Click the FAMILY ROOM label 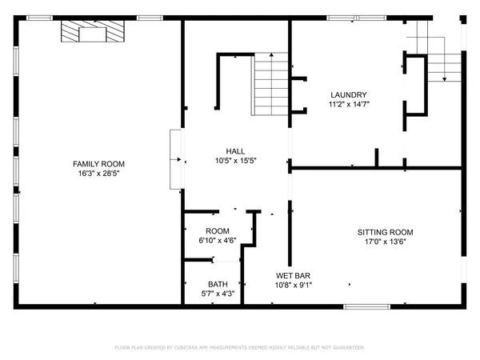[x=99, y=164]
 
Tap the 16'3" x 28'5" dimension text [x=99, y=174]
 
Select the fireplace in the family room [x=94, y=32]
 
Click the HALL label [x=235, y=150]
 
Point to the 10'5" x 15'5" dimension [x=235, y=160]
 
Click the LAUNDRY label [x=348, y=94]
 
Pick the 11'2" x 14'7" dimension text [x=348, y=103]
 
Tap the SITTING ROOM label [x=390, y=232]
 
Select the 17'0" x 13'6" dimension [x=390, y=242]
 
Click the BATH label [x=218, y=283]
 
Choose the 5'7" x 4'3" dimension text [x=218, y=293]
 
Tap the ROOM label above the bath [x=218, y=231]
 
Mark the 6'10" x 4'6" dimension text [x=218, y=241]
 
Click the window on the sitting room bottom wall [x=372, y=306]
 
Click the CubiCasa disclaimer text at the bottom [x=240, y=348]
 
